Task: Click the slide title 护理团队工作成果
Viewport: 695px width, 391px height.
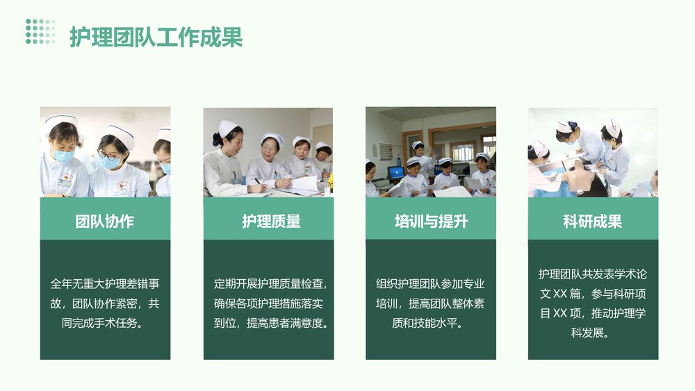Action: click(x=156, y=38)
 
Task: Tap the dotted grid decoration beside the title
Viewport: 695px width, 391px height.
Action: click(x=40, y=31)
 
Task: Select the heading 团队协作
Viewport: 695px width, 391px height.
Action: click(x=105, y=222)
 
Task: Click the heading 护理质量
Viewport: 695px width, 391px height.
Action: click(x=268, y=222)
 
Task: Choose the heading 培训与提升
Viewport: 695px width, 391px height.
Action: click(x=431, y=222)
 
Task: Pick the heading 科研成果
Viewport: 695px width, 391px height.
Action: click(x=593, y=222)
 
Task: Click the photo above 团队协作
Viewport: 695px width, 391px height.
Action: click(x=105, y=152)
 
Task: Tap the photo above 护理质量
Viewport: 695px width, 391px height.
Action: click(x=268, y=152)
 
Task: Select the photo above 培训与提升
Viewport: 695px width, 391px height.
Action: click(x=431, y=152)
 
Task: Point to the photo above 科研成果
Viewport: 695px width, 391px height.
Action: click(x=593, y=152)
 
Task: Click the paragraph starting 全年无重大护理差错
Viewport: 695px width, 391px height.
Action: click(x=105, y=303)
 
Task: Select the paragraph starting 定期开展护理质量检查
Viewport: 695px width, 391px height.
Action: click(x=268, y=303)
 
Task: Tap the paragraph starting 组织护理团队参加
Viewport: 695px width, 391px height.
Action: click(x=431, y=303)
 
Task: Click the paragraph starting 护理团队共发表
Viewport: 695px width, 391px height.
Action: click(x=593, y=303)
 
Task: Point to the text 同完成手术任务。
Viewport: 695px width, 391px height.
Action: click(x=105, y=324)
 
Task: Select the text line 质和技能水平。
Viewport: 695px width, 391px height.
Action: click(x=431, y=324)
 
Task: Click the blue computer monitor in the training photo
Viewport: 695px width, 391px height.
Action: click(x=396, y=172)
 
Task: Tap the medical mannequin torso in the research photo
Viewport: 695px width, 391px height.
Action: click(x=578, y=180)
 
